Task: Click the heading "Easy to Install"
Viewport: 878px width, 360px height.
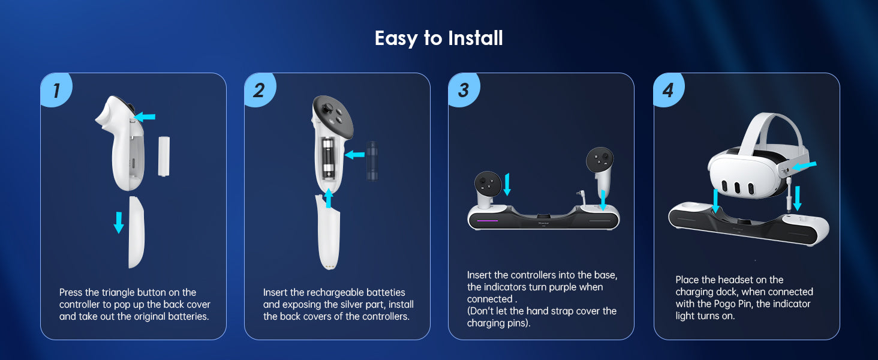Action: [438, 38]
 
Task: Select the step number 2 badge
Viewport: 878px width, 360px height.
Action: [260, 90]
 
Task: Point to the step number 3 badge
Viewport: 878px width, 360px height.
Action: [464, 90]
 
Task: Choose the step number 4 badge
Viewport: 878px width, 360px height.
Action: [669, 90]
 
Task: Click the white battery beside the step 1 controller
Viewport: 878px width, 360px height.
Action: [164, 156]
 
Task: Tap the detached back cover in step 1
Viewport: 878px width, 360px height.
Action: [136, 232]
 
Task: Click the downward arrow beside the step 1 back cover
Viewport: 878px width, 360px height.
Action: [118, 223]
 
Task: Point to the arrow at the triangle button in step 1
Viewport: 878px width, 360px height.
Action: [145, 116]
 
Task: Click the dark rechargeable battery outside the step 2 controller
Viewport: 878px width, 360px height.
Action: [372, 161]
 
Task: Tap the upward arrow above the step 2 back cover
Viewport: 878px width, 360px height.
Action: [329, 199]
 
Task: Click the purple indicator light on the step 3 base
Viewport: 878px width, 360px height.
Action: [487, 221]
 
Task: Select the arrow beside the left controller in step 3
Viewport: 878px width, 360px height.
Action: [507, 184]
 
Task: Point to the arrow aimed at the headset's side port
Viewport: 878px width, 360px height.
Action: [804, 166]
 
